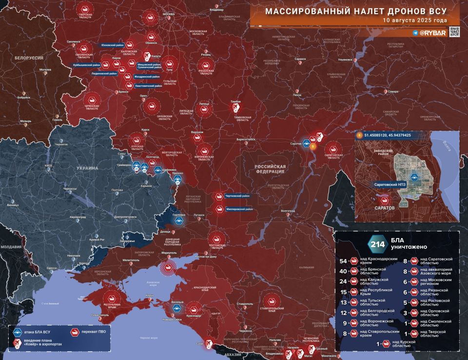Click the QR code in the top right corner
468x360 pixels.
(x=454, y=32)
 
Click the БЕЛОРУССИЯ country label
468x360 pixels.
(x=29, y=58)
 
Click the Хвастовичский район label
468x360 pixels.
(x=148, y=85)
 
